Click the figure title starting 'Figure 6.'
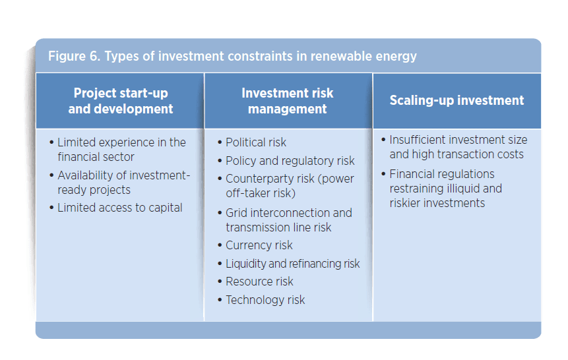pos(232,56)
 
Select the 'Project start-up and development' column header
pos(121,101)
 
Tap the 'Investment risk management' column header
pos(288,101)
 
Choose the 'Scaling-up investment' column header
pos(457,101)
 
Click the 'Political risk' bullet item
pos(256,142)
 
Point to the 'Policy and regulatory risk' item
pos(290,161)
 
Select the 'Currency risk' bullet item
pos(259,245)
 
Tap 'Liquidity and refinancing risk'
pos(292,263)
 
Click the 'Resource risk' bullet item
pos(259,282)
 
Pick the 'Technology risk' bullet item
pos(265,300)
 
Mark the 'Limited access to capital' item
pos(119,208)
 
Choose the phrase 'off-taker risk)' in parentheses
pos(261,193)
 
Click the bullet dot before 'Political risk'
pos(220,143)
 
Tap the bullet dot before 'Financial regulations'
pos(383,175)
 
